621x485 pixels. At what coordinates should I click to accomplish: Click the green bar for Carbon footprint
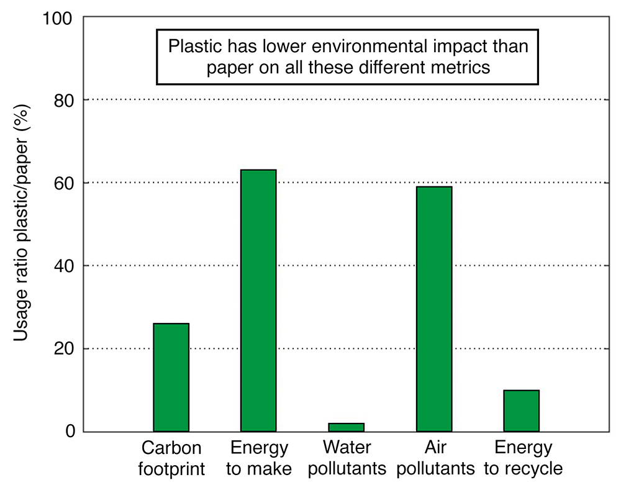(171, 377)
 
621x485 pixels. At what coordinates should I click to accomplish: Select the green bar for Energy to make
(258, 301)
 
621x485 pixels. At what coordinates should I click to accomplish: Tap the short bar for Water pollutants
(346, 427)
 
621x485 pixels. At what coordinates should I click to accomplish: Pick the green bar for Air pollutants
(433, 309)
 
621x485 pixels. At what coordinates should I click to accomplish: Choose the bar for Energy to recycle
(521, 410)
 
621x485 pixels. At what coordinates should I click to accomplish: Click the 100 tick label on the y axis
(58, 17)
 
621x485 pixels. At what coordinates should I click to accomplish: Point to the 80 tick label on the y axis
(63, 100)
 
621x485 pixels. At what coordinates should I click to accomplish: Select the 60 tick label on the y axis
(63, 183)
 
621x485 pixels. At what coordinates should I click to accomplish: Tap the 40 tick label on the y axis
(63, 266)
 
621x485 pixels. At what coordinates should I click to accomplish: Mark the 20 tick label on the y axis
(63, 349)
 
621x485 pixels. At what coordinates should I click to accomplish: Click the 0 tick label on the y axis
(69, 432)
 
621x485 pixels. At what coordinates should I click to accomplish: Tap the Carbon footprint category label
(171, 458)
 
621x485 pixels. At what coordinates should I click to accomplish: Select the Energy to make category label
(259, 458)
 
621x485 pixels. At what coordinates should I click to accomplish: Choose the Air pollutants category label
(434, 458)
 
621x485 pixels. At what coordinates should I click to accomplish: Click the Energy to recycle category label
(523, 458)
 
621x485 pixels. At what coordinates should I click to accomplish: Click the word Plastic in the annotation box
(193, 47)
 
